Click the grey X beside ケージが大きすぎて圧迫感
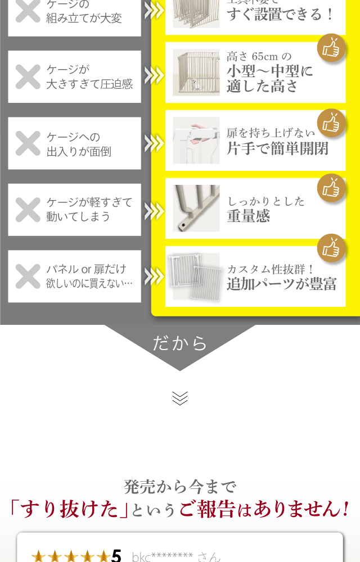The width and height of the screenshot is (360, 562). point(28,77)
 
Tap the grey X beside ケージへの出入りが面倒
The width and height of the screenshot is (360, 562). point(28,143)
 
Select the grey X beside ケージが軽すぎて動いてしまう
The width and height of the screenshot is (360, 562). point(28,210)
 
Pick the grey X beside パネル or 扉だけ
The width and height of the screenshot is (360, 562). point(28,276)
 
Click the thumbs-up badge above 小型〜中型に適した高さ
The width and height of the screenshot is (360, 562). point(331,48)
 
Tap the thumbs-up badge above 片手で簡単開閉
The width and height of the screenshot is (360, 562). point(331,123)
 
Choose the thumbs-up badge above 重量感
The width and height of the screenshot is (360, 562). point(331,188)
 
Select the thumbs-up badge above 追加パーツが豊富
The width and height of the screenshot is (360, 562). point(331,248)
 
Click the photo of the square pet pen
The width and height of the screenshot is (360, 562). point(196,72)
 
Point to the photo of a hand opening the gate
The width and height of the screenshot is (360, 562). point(196,140)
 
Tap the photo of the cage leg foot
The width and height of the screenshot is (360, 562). point(196,208)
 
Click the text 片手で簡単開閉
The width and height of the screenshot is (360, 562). point(277,149)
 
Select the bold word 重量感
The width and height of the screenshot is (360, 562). point(248,216)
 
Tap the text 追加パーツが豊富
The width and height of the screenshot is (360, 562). point(281,284)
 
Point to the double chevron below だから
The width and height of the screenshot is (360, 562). point(180,398)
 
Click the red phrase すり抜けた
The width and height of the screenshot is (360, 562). point(70,509)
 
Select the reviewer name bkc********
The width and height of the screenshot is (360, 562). point(163,557)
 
